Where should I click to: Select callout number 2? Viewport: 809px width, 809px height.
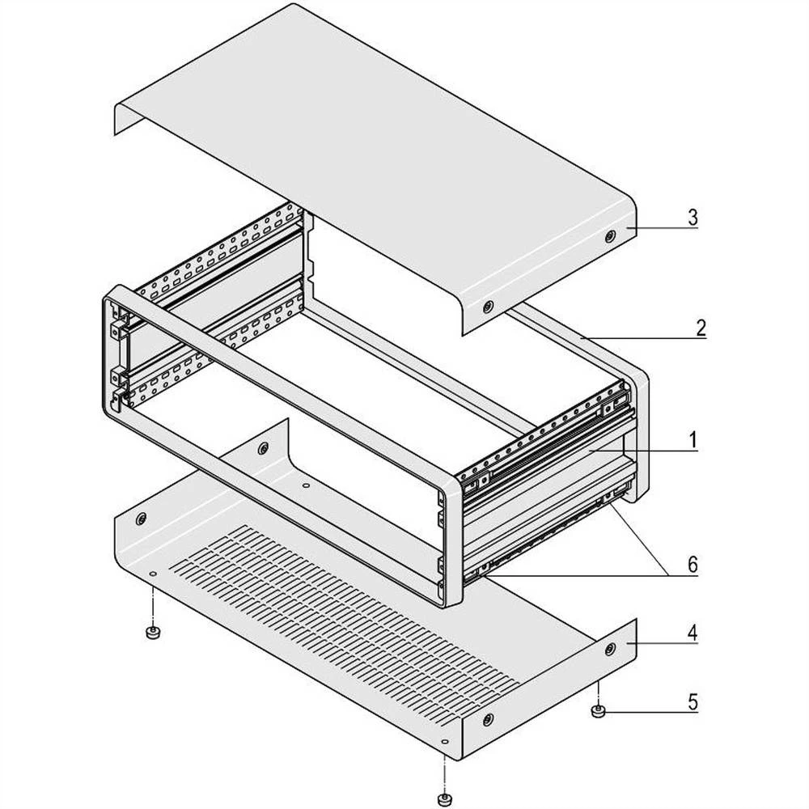coord(701,328)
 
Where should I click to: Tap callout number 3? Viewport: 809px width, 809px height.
coord(693,218)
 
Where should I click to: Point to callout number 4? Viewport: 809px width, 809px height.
coord(693,632)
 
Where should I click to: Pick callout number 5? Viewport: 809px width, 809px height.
coord(693,701)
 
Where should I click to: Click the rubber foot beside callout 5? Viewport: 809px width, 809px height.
coord(599,712)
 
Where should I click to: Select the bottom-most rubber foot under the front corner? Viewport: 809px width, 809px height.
coord(443,799)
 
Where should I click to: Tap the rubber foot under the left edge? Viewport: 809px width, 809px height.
coord(150,632)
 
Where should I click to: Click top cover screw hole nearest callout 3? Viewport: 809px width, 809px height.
coord(609,236)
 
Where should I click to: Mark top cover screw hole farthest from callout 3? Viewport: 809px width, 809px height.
coord(488,307)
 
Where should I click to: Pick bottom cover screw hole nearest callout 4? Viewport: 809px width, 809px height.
coord(609,648)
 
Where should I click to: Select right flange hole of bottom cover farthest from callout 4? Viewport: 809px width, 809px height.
coord(488,719)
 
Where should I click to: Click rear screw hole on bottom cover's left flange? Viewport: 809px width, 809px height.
coord(263,447)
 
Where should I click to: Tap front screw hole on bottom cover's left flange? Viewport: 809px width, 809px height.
coord(142,518)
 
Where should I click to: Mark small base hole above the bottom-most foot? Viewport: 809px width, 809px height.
coord(444,742)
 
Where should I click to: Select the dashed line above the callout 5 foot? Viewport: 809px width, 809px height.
coord(599,693)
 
